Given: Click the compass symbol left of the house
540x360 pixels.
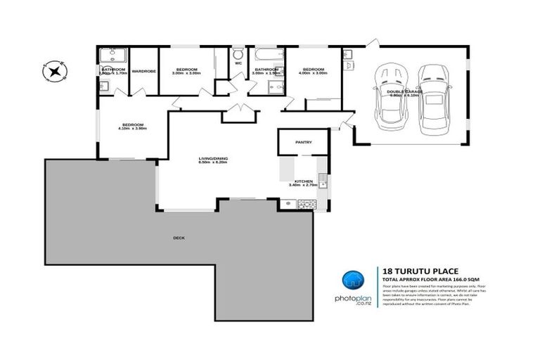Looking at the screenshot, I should [x=54, y=70].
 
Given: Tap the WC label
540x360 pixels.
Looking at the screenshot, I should [x=238, y=63].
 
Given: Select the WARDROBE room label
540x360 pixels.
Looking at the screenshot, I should [x=143, y=70].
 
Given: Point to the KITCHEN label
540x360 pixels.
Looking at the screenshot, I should [x=304, y=181].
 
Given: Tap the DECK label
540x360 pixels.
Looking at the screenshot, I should [x=179, y=238].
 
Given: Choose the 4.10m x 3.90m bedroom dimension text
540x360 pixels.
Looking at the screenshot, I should [x=132, y=129].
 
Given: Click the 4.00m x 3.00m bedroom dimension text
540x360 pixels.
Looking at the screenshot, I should [x=313, y=73].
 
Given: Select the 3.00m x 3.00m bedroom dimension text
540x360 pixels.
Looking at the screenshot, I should [x=186, y=73].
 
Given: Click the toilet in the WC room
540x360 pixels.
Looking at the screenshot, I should [x=238, y=53].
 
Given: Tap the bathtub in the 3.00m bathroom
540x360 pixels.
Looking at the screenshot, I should [x=268, y=53].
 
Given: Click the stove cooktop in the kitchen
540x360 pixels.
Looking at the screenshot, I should [x=308, y=204].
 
